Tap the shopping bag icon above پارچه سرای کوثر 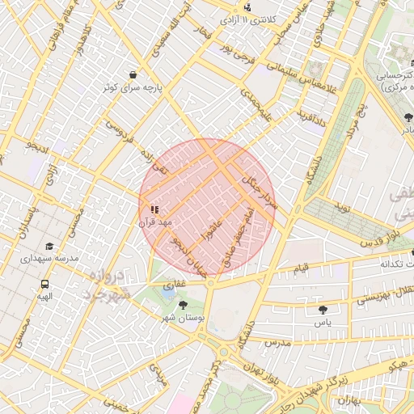point(133,73)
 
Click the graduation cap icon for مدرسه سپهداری point(49,246)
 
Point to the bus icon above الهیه point(44,284)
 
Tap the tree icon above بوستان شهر point(184,306)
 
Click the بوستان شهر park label point(184,319)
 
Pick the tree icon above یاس point(323,309)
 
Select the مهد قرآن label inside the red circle point(155,222)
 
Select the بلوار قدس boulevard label point(373,243)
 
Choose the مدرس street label point(276,342)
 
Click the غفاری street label point(175,285)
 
